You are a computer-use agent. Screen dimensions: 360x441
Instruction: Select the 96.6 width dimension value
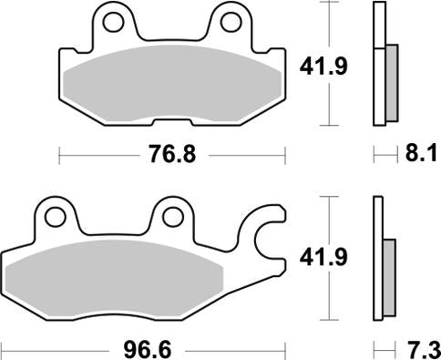[x=144, y=347]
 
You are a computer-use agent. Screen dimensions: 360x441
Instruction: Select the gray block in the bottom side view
[x=390, y=273]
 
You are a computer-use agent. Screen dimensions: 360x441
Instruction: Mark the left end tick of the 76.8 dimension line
[x=59, y=156]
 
